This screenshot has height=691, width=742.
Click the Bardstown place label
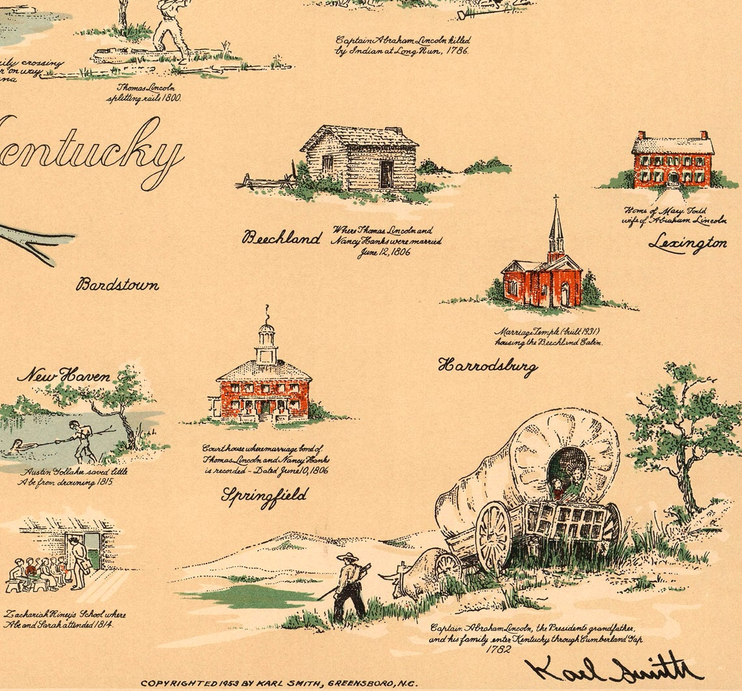(117, 284)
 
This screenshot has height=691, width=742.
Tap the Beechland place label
(282, 237)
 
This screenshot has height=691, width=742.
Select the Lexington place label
(687, 243)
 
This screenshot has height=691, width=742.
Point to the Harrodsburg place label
(488, 366)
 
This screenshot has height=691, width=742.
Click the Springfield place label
(264, 496)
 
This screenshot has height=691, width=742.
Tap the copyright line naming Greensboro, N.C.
(279, 683)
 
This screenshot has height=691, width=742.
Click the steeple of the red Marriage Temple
(555, 224)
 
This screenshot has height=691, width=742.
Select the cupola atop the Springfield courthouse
(266, 342)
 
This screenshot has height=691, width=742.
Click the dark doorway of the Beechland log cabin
(387, 174)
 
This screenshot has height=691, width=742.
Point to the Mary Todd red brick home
(672, 160)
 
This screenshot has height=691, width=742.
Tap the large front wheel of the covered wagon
(493, 537)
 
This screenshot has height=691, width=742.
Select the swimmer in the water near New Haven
(17, 448)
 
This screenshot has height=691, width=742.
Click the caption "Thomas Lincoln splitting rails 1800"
(144, 92)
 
